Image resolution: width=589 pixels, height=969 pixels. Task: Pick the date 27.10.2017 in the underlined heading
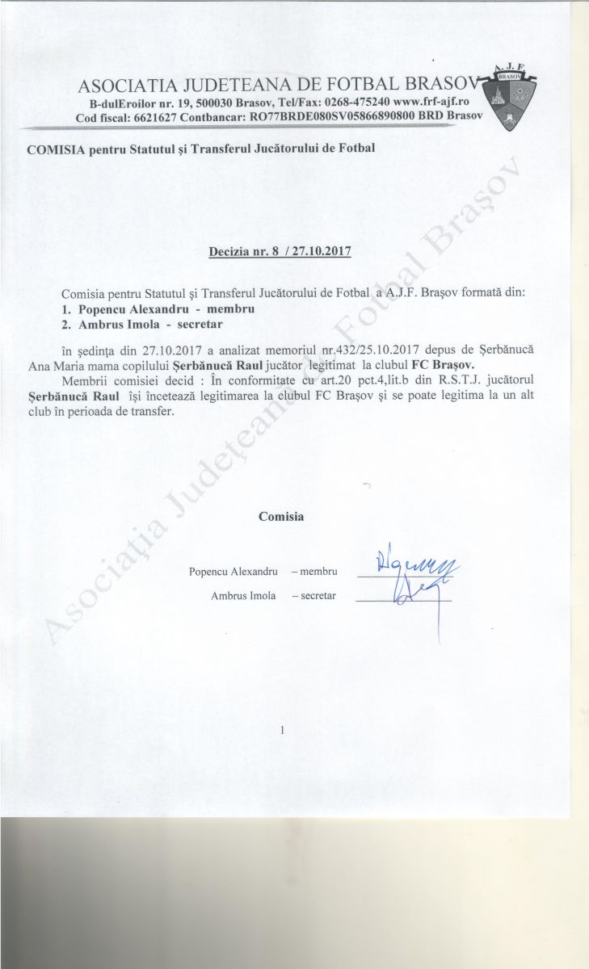[322, 251]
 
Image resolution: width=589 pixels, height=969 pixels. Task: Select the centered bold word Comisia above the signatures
[281, 516]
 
